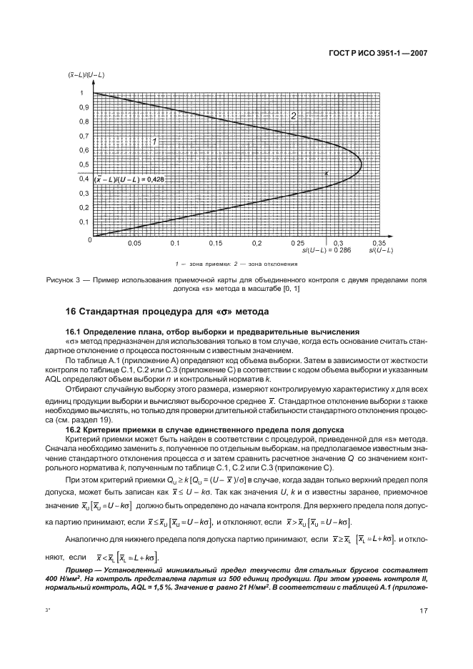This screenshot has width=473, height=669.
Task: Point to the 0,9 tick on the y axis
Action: [84, 107]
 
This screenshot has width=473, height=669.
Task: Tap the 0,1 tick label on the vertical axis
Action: [84, 222]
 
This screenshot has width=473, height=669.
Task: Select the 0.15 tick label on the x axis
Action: [216, 244]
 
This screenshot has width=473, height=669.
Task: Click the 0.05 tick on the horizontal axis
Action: [134, 244]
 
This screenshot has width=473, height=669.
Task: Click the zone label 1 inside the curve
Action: [153, 142]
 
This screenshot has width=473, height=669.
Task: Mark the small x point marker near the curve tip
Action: [327, 173]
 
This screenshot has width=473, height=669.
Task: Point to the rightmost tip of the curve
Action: [362, 164]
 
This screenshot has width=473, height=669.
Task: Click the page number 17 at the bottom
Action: [422, 610]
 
